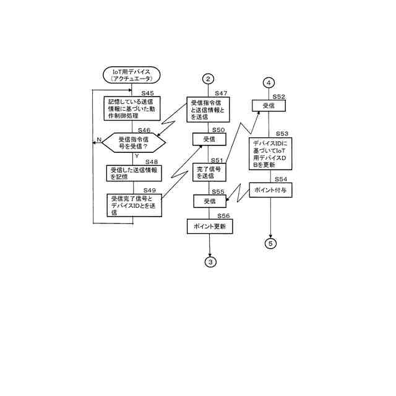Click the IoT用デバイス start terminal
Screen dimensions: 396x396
pos(131,75)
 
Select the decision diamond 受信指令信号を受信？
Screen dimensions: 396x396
pos(134,143)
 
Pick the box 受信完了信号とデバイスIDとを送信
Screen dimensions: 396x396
pos(135,205)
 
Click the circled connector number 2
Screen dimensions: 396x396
pos(209,79)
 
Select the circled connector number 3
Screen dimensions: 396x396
pos(210,262)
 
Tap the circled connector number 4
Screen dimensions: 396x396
pos(269,83)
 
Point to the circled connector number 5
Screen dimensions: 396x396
pos(270,243)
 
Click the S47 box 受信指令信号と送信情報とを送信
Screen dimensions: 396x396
pos(209,110)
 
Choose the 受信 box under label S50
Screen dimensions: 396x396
pos(209,140)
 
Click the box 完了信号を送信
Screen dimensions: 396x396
pos(209,173)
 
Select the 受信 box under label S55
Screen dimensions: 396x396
pos(209,201)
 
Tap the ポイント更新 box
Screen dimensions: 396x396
pos(209,227)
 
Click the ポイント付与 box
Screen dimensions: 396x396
pos(270,189)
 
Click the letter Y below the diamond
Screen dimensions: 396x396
pos(136,156)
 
